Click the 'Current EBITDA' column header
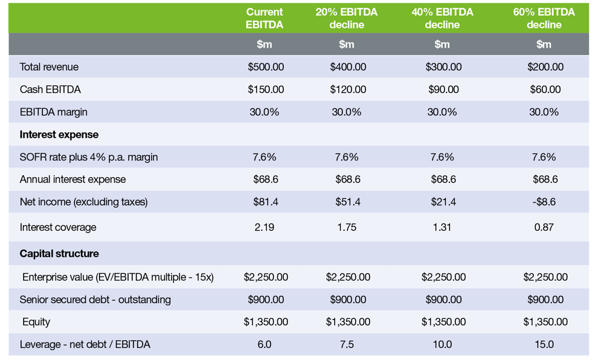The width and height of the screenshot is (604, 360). coord(264,18)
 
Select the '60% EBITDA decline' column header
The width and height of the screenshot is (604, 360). coord(544,18)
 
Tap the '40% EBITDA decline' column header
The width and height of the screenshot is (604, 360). coord(442,18)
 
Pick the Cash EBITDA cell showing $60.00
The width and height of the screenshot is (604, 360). coord(544,89)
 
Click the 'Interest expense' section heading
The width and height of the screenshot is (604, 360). coord(59,134)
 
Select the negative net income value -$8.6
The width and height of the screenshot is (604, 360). coord(544,202)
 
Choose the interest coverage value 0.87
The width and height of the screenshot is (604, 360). coord(544,228)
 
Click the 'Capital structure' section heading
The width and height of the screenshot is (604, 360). coord(59,253)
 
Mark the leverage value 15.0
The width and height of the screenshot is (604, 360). coord(544,344)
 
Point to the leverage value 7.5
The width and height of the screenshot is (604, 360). coord(347,344)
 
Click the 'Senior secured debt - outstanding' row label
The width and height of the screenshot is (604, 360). coord(95,300)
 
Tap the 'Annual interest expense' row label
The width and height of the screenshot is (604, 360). coord(73,179)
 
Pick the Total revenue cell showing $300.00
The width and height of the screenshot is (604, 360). coord(442,67)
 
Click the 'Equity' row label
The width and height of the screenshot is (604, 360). coord(36,322)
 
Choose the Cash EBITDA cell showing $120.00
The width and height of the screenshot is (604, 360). coord(347,89)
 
